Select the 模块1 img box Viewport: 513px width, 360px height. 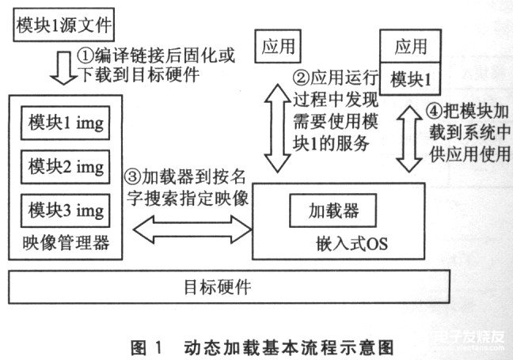click(x=66, y=125)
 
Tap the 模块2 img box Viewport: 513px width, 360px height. click(x=66, y=167)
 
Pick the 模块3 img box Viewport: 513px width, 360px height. click(x=66, y=210)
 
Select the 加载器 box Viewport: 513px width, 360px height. click(x=332, y=211)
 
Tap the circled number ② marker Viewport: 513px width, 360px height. click(x=300, y=78)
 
